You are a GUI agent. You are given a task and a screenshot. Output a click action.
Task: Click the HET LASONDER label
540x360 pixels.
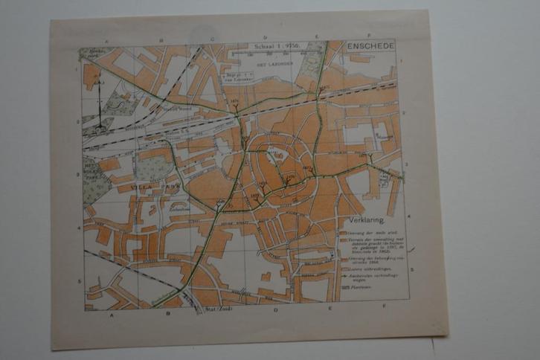(x=271, y=65)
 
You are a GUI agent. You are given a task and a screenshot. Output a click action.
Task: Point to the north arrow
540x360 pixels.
(x=99, y=104)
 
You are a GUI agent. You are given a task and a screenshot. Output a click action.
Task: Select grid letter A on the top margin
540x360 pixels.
(x=107, y=42)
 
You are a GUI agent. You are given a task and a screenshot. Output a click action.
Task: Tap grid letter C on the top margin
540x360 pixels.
(x=212, y=37)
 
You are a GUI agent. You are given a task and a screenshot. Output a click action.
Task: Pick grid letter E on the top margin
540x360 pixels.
(x=316, y=36)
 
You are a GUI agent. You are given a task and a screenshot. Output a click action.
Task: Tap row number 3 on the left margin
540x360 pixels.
(x=78, y=175)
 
